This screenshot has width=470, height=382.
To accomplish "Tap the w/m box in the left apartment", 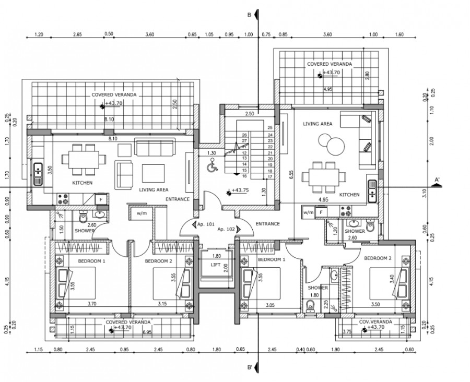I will click(142, 213).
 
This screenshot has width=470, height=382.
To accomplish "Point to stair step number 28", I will click(244, 135).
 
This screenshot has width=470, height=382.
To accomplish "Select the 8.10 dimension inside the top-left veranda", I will click(109, 120).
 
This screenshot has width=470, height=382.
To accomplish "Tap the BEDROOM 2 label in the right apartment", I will click(378, 258).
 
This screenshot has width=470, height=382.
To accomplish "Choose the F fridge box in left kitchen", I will click(101, 198).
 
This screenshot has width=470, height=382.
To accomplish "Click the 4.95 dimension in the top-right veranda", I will click(328, 90).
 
